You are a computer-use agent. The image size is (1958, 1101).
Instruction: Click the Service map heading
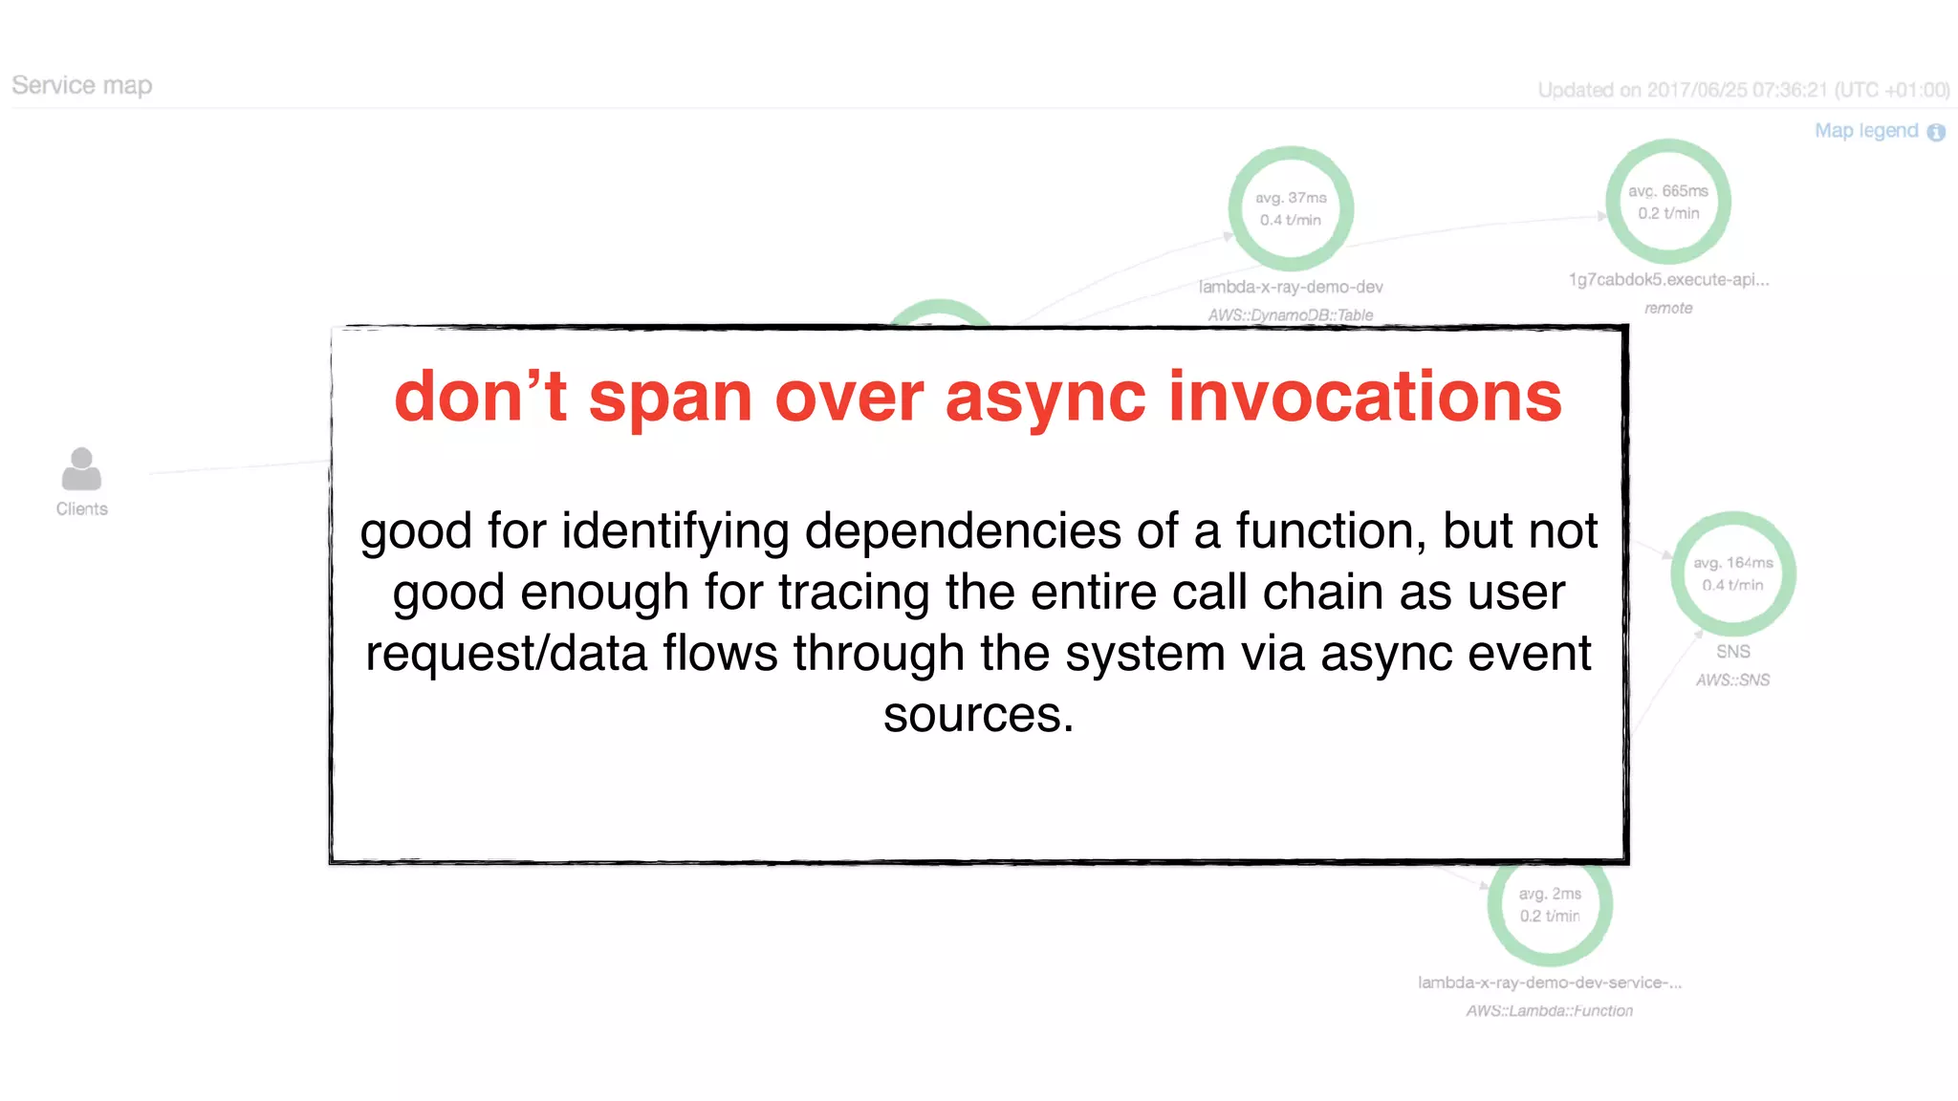pyautogui.click(x=82, y=86)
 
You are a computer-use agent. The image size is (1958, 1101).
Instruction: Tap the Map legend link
pyautogui.click(x=1865, y=131)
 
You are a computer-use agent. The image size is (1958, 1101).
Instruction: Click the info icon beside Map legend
pyautogui.click(x=1936, y=133)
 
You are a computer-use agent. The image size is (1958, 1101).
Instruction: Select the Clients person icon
pyautogui.click(x=81, y=468)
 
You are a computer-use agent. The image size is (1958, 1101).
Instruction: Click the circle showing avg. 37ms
pyautogui.click(x=1291, y=208)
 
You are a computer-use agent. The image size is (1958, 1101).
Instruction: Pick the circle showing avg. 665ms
pyautogui.click(x=1668, y=202)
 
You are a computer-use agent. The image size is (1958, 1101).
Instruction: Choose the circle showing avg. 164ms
pyautogui.click(x=1732, y=573)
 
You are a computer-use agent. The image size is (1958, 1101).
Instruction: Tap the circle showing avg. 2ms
pyautogui.click(x=1550, y=904)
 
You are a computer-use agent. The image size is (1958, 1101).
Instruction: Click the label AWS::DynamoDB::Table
pyautogui.click(x=1290, y=315)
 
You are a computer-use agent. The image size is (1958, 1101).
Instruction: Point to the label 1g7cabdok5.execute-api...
pyautogui.click(x=1668, y=280)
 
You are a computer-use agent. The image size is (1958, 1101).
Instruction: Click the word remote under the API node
pyautogui.click(x=1668, y=308)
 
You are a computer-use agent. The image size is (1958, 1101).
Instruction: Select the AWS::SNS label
pyautogui.click(x=1732, y=680)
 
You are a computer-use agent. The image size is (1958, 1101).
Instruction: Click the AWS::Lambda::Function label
pyautogui.click(x=1549, y=1010)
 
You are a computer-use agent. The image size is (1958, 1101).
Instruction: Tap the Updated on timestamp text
pyautogui.click(x=1743, y=90)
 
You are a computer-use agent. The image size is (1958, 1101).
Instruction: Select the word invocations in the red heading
pyautogui.click(x=1364, y=397)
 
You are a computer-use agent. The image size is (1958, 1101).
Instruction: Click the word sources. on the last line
pyautogui.click(x=978, y=715)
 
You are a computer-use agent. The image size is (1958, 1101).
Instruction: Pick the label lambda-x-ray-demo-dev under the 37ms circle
pyautogui.click(x=1290, y=287)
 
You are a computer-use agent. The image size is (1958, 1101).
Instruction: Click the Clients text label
pyautogui.click(x=81, y=509)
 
